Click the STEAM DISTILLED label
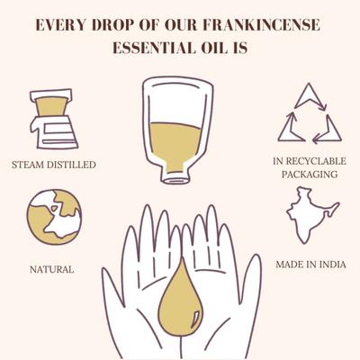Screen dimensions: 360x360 click(54, 165)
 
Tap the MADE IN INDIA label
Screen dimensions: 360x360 click(306, 265)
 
